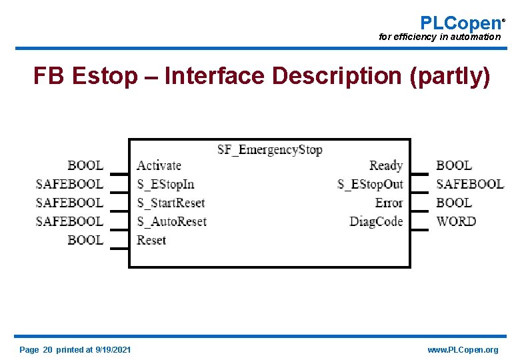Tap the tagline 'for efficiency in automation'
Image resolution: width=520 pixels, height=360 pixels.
point(439,37)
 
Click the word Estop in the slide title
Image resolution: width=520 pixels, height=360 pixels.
point(103,77)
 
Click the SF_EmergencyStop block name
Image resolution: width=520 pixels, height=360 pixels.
point(269,149)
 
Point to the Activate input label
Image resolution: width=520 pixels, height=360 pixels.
point(159,165)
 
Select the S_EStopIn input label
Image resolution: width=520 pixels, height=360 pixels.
point(165,184)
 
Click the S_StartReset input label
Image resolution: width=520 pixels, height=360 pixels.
point(171,203)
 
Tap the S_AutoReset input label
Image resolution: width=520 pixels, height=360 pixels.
point(171,221)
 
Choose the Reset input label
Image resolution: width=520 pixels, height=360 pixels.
point(151,240)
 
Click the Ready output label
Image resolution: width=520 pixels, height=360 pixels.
point(386,165)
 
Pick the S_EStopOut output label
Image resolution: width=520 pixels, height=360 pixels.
point(370,184)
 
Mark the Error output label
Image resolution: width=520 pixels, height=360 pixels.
point(389,203)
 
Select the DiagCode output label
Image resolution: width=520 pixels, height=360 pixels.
point(376,221)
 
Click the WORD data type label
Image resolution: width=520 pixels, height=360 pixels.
point(456,221)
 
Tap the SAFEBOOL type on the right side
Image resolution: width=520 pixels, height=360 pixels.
point(470,184)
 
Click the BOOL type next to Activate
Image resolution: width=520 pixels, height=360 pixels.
point(85,165)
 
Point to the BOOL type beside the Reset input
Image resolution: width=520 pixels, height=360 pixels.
point(85,240)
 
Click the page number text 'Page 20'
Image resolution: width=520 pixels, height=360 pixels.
point(36,350)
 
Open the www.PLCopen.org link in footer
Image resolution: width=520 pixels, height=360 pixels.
point(463,350)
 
